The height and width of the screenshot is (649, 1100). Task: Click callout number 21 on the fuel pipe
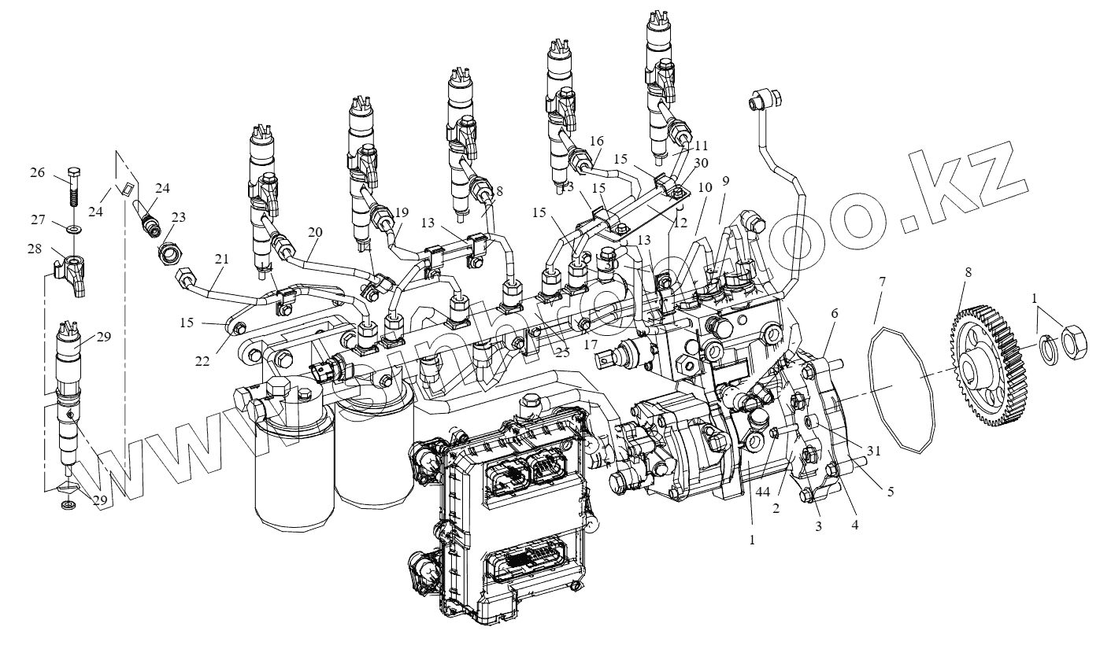220,260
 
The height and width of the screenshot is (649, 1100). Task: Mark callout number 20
315,233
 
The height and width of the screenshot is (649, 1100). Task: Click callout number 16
595,141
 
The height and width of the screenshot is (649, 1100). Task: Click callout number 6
834,313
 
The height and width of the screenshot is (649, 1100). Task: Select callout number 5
891,492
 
